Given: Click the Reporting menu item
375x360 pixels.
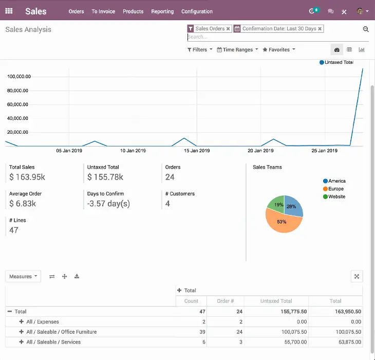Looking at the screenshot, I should coord(162,11).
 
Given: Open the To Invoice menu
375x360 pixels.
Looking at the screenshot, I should coord(103,11).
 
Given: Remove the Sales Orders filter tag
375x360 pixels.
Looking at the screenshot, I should coord(228,29).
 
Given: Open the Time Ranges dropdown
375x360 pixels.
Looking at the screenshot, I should coord(237,50).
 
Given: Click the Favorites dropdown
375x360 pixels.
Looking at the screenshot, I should coord(279,50).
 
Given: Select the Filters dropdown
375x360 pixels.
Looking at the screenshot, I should coord(200,50).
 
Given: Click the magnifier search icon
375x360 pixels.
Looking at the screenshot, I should coord(366,30).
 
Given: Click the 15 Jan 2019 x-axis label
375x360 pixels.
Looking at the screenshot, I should coord(197,151).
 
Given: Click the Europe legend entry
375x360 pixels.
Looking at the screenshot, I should coord(335,189).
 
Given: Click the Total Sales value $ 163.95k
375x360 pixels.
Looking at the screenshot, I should coord(27,177).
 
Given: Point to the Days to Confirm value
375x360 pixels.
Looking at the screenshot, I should coord(108,204).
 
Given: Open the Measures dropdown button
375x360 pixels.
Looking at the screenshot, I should coord(23,276).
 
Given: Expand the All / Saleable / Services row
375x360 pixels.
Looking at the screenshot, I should coord(22,342).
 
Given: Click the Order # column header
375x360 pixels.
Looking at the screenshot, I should coord(225,301).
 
